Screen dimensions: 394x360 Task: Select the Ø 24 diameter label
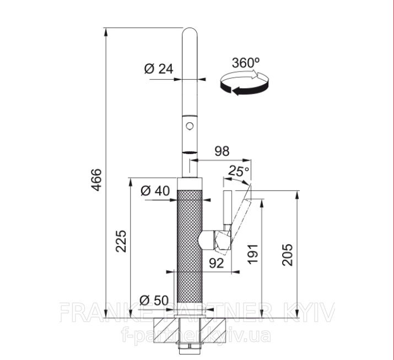(x=159, y=69)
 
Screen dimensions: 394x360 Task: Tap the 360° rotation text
(x=246, y=63)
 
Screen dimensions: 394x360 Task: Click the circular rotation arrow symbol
(x=245, y=83)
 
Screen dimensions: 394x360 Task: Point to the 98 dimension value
(x=222, y=151)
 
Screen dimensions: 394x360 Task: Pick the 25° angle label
(x=239, y=171)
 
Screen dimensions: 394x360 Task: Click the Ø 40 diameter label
(x=155, y=191)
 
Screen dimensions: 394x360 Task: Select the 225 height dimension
(x=121, y=241)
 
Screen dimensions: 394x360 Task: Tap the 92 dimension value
(x=217, y=263)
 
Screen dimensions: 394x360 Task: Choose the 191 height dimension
(x=253, y=254)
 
